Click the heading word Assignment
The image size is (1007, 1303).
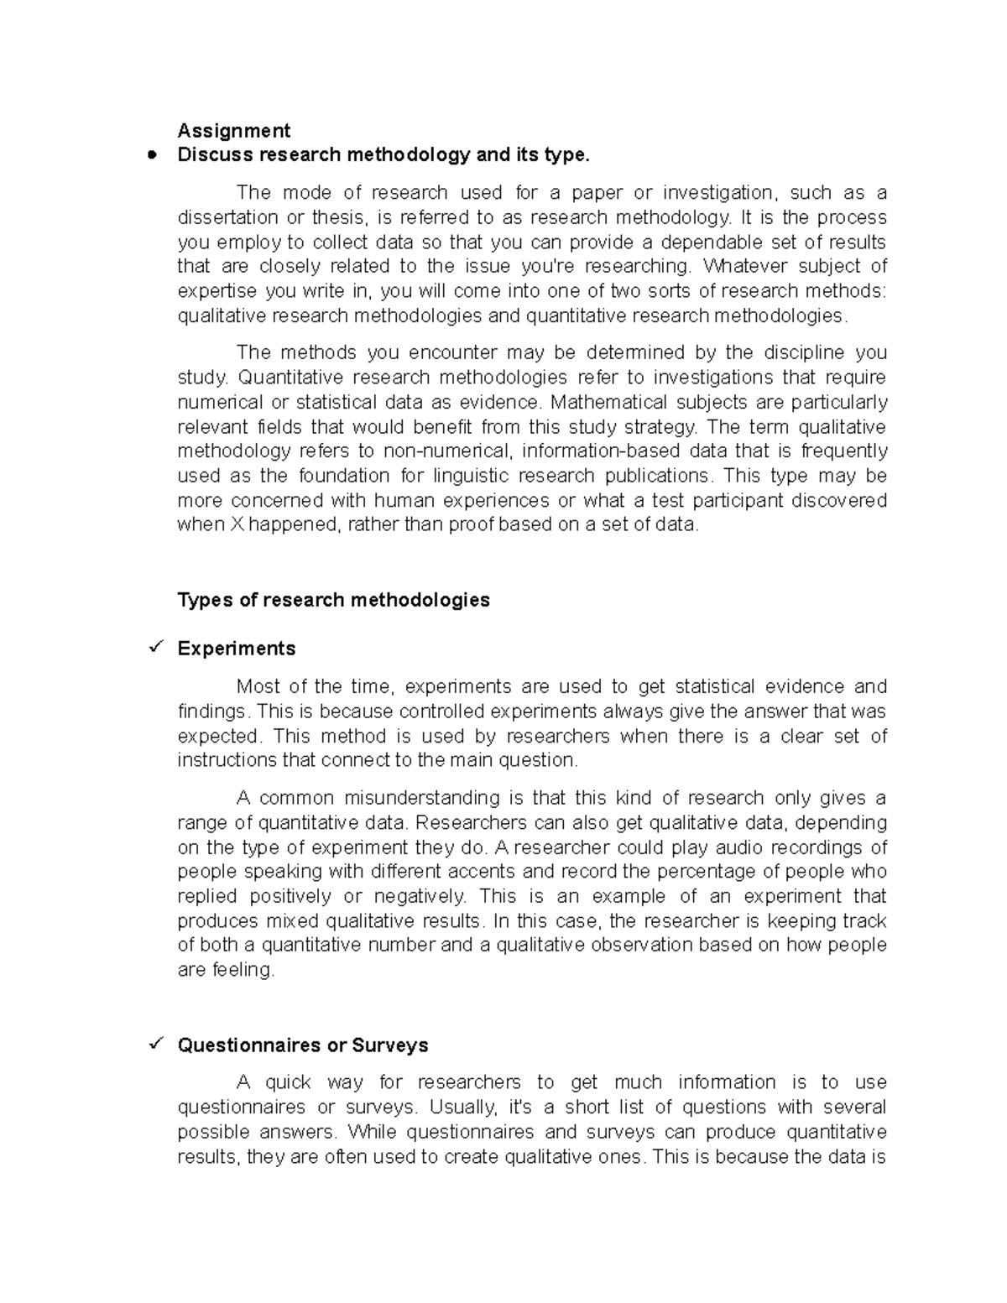233,130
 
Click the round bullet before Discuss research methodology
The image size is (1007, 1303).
152,155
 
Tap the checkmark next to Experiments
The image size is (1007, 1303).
154,648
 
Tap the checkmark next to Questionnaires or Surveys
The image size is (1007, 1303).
154,1045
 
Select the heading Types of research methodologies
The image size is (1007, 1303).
333,600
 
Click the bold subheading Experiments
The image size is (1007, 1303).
236,649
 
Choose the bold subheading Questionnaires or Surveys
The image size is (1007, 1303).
302,1045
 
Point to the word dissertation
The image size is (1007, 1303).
227,217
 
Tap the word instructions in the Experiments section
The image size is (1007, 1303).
227,760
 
